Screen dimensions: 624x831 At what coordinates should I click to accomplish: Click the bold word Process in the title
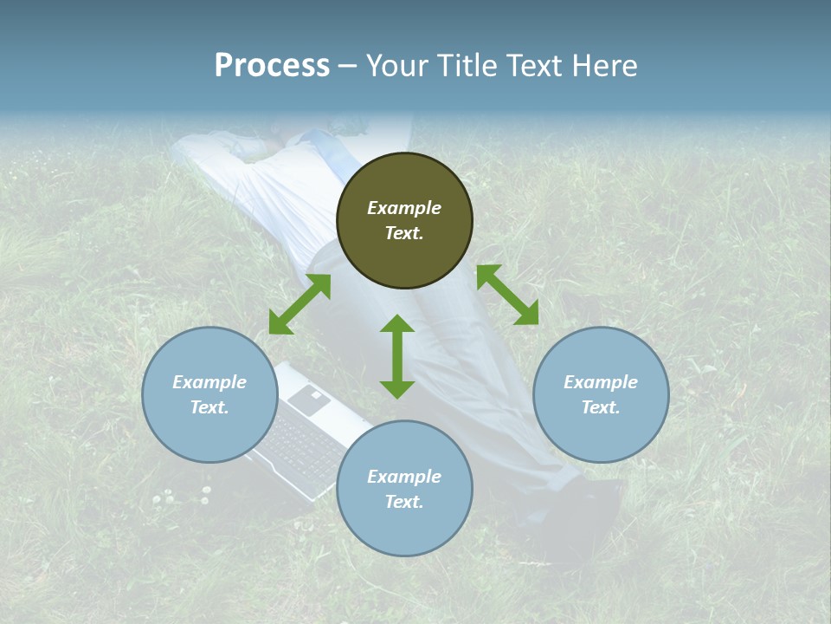click(272, 66)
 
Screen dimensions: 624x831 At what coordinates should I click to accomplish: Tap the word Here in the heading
click(604, 66)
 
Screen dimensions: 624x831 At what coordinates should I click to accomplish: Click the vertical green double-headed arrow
click(397, 356)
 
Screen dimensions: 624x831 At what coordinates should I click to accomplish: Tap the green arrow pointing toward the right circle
click(507, 295)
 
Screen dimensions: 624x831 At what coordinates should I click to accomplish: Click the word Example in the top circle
click(404, 208)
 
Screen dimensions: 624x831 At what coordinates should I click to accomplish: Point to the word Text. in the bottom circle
click(404, 502)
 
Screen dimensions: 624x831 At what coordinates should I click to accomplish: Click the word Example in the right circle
click(601, 382)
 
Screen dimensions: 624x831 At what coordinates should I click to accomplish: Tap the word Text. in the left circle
click(209, 407)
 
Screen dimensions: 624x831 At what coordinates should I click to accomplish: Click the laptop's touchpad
click(310, 399)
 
